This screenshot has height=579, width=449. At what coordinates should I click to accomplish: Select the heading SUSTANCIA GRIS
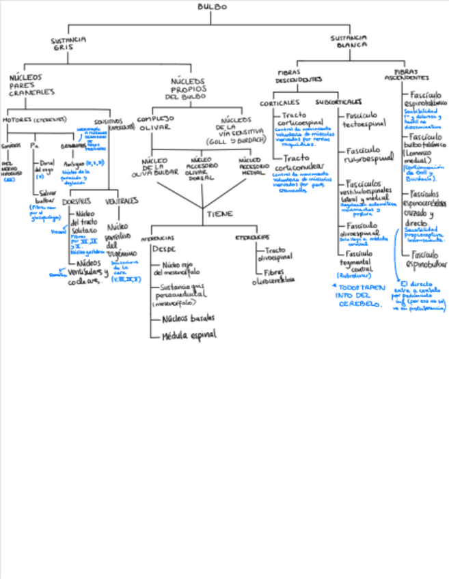pos(68,44)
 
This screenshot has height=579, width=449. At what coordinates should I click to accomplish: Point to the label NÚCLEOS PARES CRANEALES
pos(31,85)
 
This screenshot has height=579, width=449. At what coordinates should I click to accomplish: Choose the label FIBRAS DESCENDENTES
pos(299,76)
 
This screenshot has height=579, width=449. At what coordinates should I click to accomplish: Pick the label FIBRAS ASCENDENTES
pos(408,74)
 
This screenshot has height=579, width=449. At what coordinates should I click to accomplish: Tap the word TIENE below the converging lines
pos(220,214)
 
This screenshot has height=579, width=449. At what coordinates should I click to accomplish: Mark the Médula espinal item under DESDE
pos(189,335)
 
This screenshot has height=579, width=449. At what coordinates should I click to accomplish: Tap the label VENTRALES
pos(122,201)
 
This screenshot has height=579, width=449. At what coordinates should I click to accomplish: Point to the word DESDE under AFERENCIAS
pos(164,249)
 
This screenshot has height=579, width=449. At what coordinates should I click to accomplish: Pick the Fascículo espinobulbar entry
pos(426,259)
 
